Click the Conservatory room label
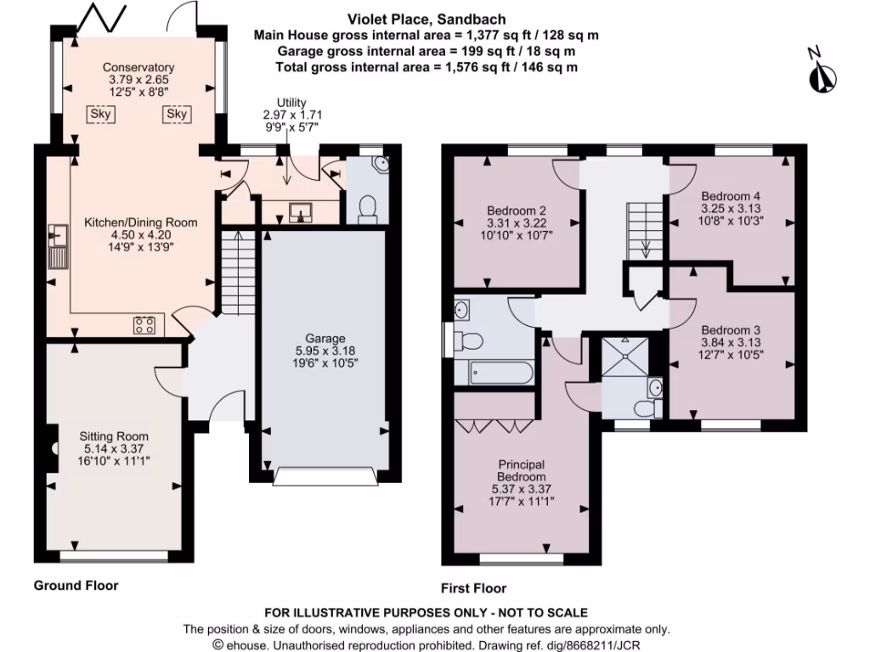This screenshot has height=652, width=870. click(138, 68)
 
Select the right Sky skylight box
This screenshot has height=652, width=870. click(177, 114)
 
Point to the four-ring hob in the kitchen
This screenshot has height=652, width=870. click(144, 324)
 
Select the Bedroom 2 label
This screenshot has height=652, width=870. click(516, 211)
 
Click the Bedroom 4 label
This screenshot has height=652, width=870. click(731, 194)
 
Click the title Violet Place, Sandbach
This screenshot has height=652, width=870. click(415, 20)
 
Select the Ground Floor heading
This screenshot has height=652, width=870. click(76, 585)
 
